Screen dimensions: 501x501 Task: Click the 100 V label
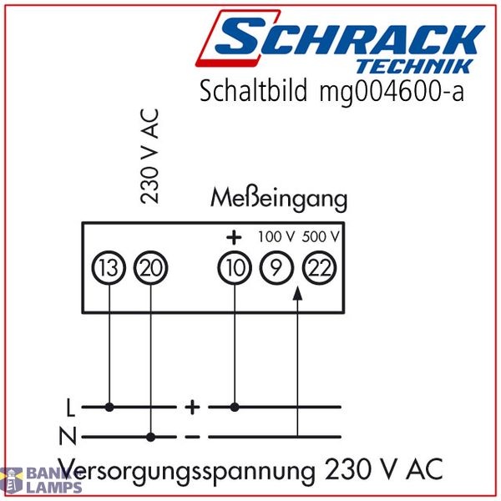(276, 237)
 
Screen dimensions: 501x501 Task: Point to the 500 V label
(321, 237)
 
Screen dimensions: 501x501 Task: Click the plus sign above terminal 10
(234, 237)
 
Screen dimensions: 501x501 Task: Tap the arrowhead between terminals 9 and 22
(297, 293)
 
